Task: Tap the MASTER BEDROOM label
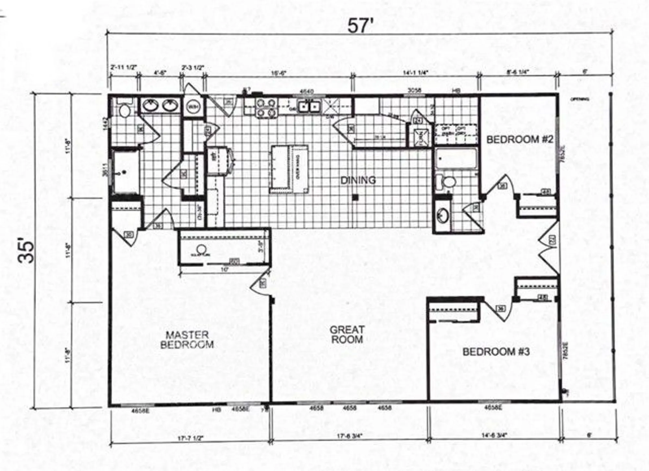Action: (187, 339)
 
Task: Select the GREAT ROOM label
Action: (347, 335)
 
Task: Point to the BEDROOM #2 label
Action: (519, 139)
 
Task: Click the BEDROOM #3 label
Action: (496, 351)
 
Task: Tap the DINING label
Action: (358, 180)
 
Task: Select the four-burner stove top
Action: (266, 108)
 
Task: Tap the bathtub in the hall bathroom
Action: (456, 159)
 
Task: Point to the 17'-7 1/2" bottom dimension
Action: (190, 438)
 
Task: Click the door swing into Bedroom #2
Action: (501, 185)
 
